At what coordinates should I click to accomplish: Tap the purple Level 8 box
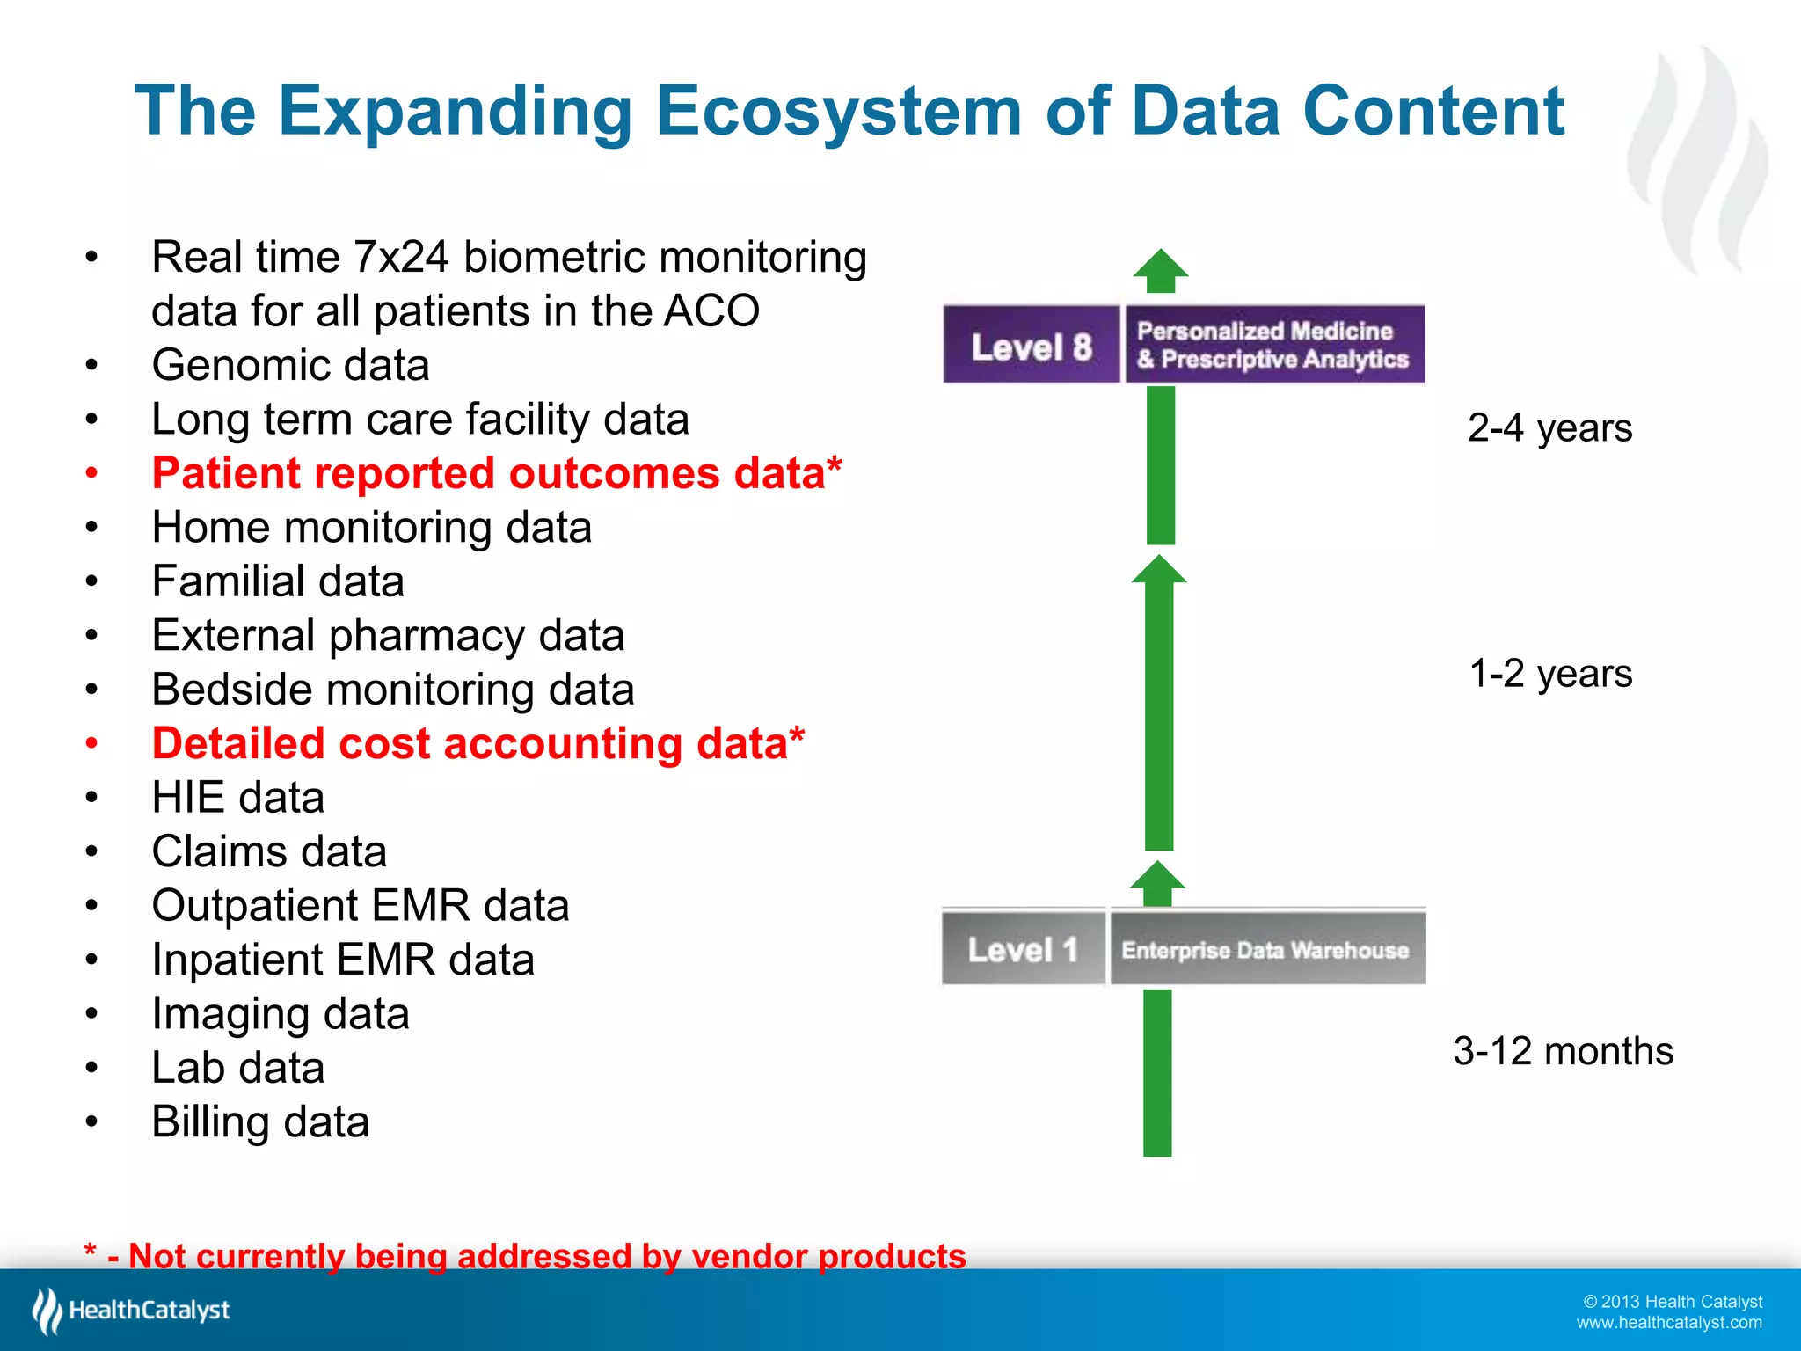click(x=1031, y=346)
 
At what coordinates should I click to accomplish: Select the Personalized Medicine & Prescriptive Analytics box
click(x=1273, y=346)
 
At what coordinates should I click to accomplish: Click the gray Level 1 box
click(x=1023, y=949)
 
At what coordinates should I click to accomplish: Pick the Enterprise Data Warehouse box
click(x=1266, y=949)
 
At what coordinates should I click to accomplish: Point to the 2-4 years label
click(x=1549, y=428)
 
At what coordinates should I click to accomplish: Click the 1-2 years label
click(x=1550, y=674)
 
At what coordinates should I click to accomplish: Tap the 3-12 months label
click(x=1563, y=1051)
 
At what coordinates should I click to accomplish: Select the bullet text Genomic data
click(x=290, y=365)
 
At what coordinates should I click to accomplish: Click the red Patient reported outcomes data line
click(x=497, y=473)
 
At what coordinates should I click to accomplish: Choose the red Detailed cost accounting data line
click(x=478, y=743)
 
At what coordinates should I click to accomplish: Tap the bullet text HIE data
click(x=237, y=798)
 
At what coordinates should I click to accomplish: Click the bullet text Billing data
click(x=260, y=1122)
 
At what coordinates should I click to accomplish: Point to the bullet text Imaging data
click(x=280, y=1014)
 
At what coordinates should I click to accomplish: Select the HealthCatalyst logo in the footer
click(x=131, y=1311)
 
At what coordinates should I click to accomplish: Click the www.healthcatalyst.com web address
click(x=1668, y=1323)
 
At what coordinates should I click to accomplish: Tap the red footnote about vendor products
click(x=525, y=1256)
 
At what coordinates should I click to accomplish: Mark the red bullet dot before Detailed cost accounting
click(x=91, y=744)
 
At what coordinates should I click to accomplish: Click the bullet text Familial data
click(x=277, y=581)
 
